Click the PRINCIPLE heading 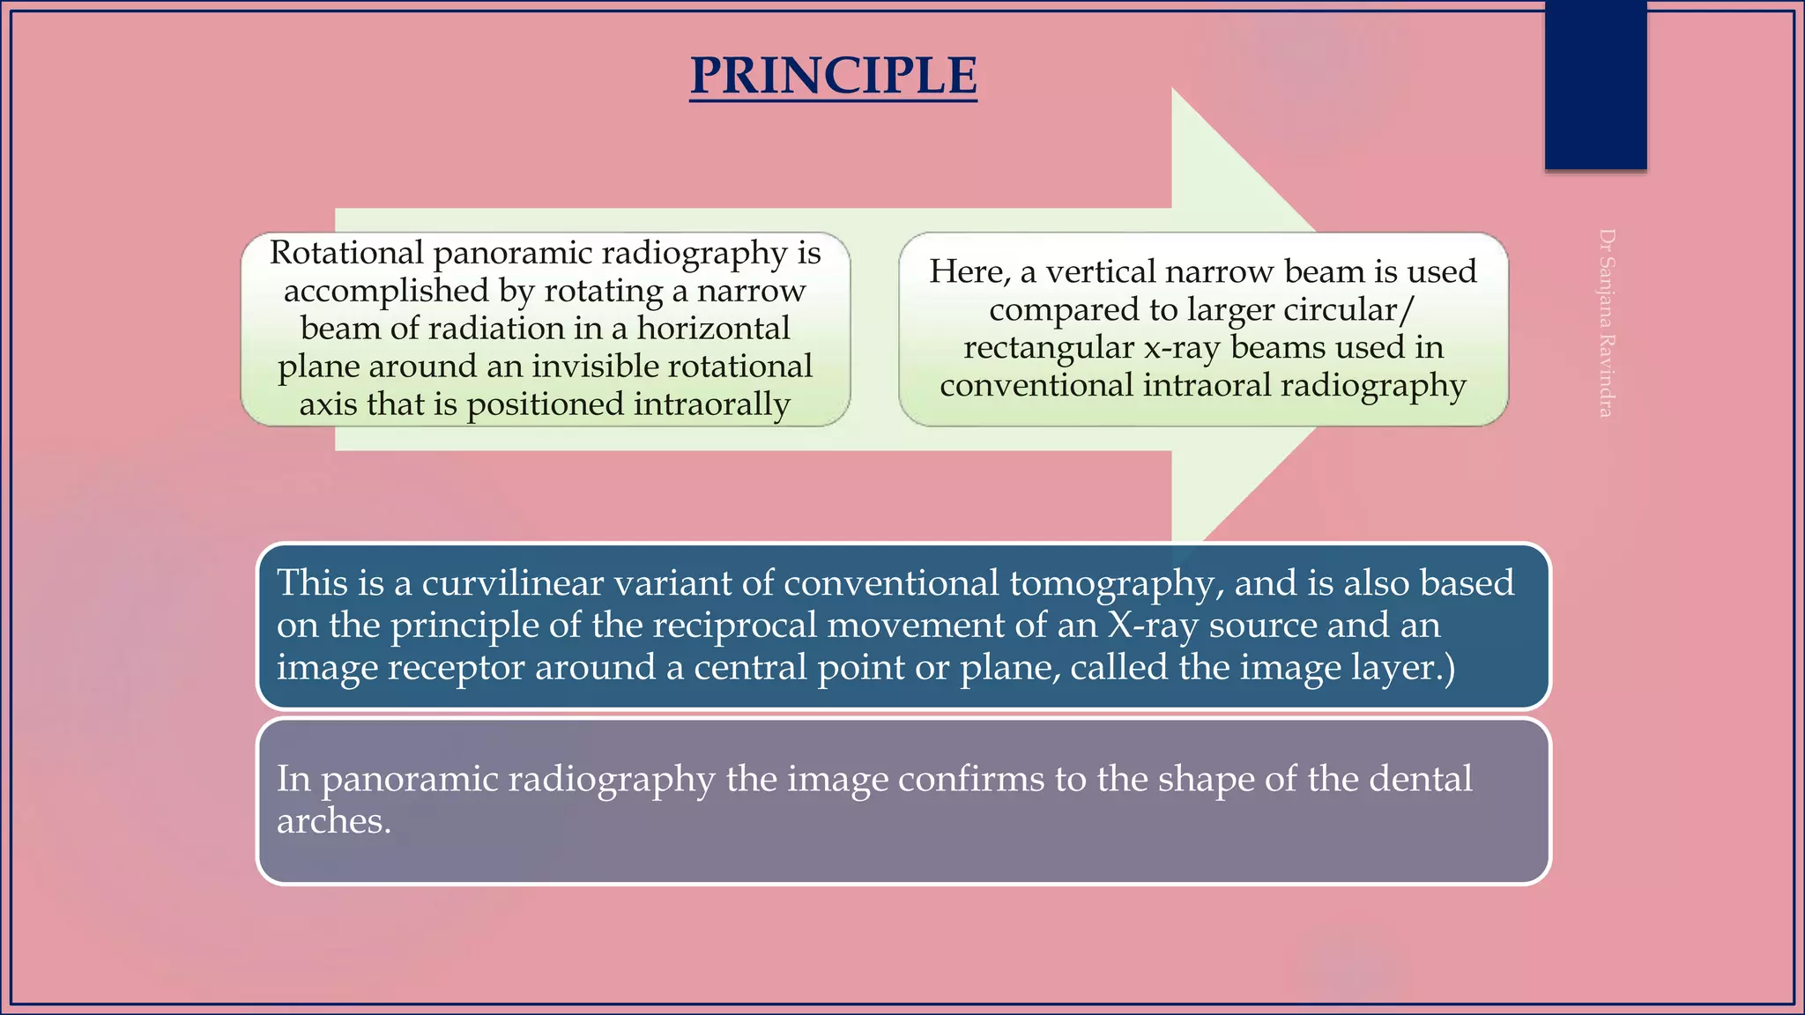tap(833, 76)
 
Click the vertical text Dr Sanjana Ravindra tap(1606, 323)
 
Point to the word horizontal tap(714, 329)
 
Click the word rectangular tap(1048, 347)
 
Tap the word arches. tap(333, 821)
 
